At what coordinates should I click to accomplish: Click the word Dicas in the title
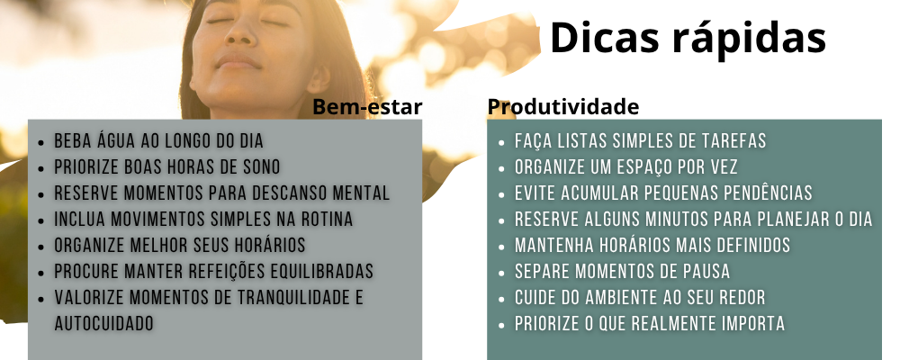tap(603, 38)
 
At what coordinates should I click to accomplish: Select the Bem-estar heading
tap(367, 107)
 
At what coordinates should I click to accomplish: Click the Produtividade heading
tap(563, 107)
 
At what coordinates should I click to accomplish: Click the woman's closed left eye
tap(274, 22)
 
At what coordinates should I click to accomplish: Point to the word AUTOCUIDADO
tap(103, 323)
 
